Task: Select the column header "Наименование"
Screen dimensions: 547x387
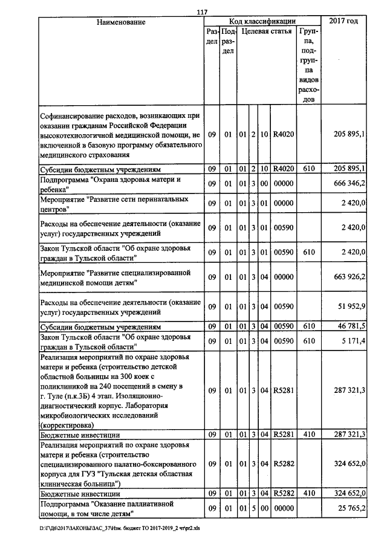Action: (121, 22)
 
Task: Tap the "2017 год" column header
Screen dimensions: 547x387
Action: (343, 21)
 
